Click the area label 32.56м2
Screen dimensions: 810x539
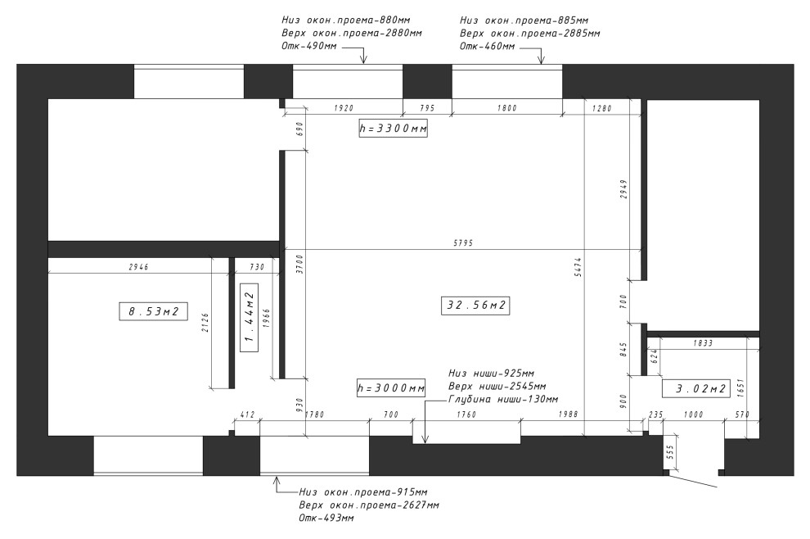(x=475, y=306)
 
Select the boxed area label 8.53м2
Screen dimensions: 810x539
(x=153, y=311)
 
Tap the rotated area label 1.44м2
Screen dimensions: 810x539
(x=250, y=317)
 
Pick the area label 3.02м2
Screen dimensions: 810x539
(x=696, y=388)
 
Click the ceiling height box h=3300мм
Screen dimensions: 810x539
(x=393, y=129)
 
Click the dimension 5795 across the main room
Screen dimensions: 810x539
(x=463, y=242)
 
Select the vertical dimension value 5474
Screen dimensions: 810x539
(x=578, y=267)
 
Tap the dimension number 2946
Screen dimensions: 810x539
(x=138, y=267)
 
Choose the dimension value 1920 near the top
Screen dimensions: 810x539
(x=344, y=108)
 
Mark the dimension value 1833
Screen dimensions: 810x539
(x=703, y=343)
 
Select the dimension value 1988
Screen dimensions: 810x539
(x=569, y=414)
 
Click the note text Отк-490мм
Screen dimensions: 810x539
(x=309, y=46)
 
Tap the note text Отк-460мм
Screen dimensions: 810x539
(x=487, y=46)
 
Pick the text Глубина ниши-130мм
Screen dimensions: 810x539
(x=503, y=400)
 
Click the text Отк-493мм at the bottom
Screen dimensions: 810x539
(x=326, y=518)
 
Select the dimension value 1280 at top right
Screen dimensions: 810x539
(x=602, y=108)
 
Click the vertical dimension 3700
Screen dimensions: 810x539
(x=300, y=264)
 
